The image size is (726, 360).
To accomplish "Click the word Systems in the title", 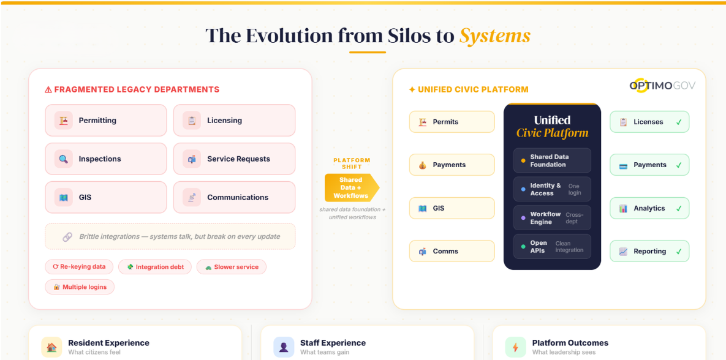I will tap(494, 36).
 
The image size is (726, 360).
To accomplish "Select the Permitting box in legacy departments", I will tap(105, 121).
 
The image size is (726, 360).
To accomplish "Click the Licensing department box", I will tap(234, 121).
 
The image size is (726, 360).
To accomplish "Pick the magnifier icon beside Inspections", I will tap(64, 159).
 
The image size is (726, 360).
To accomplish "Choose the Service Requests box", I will tap(234, 159).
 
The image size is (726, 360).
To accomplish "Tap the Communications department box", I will tap(234, 198).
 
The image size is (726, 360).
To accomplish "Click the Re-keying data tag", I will tap(79, 267).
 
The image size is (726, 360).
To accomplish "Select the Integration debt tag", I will tap(156, 267).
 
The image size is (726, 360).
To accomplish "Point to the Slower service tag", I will tap(232, 267).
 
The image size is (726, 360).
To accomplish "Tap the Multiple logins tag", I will tap(80, 287).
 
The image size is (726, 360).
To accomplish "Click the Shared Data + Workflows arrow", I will tap(351, 188).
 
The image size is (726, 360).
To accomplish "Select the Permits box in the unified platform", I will tap(452, 122).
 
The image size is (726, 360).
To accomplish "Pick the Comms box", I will tap(452, 251).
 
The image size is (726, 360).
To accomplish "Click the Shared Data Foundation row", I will tap(552, 161).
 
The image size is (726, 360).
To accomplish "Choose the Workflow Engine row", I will tap(552, 218).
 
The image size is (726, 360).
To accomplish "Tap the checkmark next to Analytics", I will tap(679, 209).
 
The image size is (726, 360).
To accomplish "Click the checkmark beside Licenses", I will tap(679, 122).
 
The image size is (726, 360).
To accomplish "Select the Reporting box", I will tap(649, 251).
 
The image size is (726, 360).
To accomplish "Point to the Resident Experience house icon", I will tap(51, 347).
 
